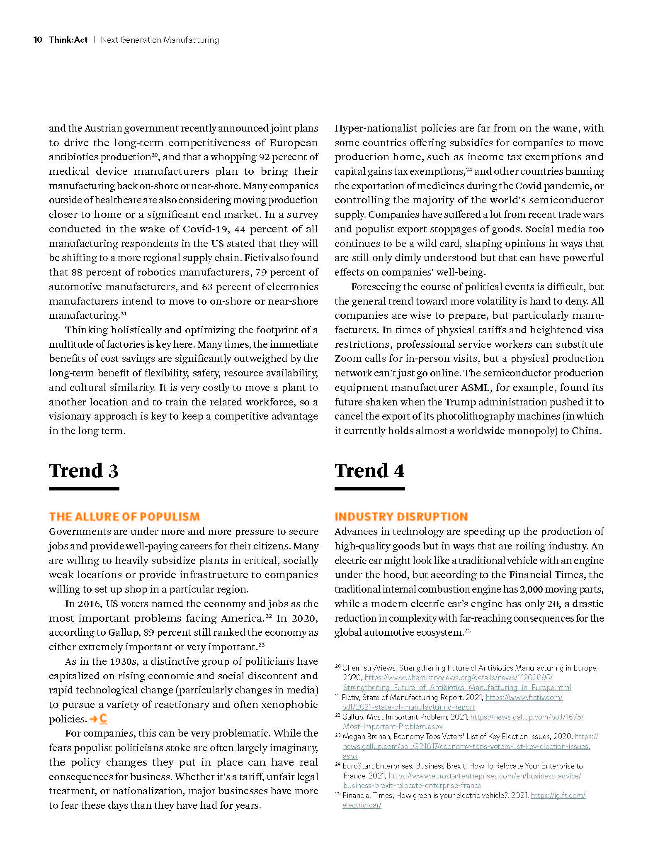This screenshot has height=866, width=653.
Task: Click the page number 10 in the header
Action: [37, 40]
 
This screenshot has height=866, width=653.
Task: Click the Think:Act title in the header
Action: [68, 40]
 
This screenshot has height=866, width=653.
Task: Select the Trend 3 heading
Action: [84, 471]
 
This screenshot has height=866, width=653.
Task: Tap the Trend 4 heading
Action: [369, 471]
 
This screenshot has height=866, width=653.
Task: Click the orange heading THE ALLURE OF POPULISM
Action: [124, 517]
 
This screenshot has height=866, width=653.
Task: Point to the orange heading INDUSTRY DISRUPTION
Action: [401, 517]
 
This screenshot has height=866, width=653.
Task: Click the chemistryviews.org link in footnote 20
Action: [458, 678]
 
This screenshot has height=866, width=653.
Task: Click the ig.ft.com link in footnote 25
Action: [558, 795]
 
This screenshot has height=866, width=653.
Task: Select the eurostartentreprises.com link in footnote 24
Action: [485, 776]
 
